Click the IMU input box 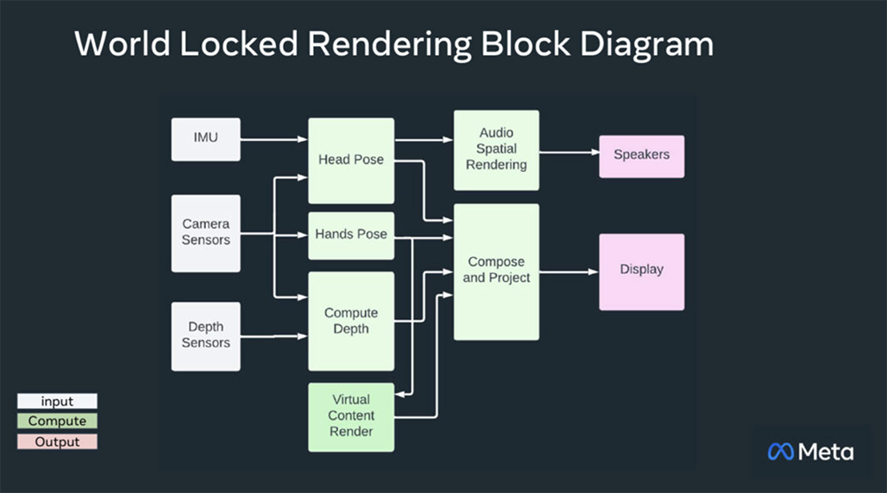(206, 139)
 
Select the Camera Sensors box (206, 233)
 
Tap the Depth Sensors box (206, 336)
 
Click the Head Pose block (351, 160)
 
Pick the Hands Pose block (351, 235)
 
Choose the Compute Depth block (351, 321)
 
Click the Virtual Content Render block (351, 416)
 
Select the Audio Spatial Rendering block (496, 150)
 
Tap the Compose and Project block (496, 271)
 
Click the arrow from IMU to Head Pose (273, 139)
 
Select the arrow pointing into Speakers (569, 153)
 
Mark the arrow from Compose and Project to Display (569, 272)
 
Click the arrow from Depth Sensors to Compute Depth (273, 336)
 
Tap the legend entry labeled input (58, 402)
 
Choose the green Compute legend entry (58, 421)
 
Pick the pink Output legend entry (58, 442)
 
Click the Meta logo (811, 451)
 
